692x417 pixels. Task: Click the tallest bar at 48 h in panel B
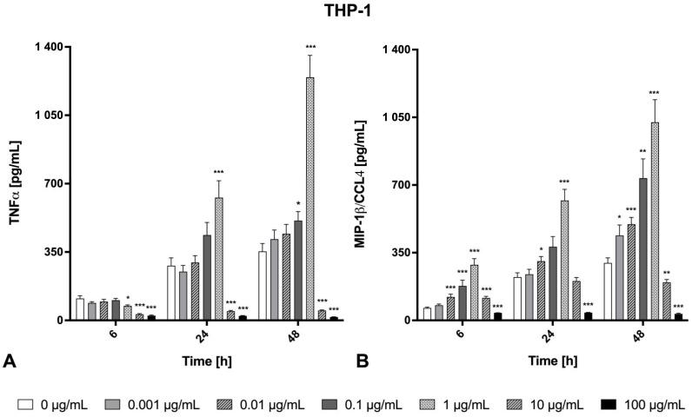tap(654, 221)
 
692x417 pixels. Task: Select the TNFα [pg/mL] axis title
tap(15, 184)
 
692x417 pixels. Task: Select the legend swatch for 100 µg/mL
tap(612, 404)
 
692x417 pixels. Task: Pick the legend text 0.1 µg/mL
tap(372, 404)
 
